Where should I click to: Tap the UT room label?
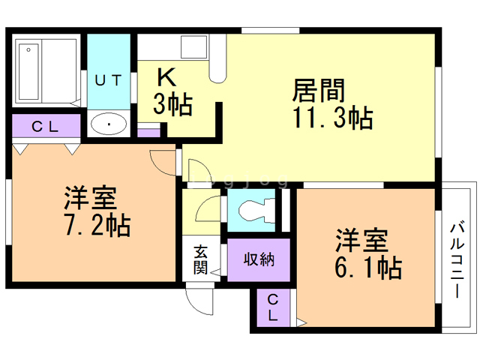[109, 79]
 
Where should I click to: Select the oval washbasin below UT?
[109, 124]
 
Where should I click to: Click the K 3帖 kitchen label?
[172, 91]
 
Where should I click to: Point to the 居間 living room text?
[318, 91]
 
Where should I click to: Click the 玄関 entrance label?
[200, 259]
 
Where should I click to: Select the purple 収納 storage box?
[258, 259]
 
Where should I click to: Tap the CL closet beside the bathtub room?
[45, 126]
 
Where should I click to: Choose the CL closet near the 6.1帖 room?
[273, 307]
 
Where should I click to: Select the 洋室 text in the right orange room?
[361, 241]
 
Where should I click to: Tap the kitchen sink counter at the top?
[176, 48]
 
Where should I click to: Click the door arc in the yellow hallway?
[207, 209]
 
